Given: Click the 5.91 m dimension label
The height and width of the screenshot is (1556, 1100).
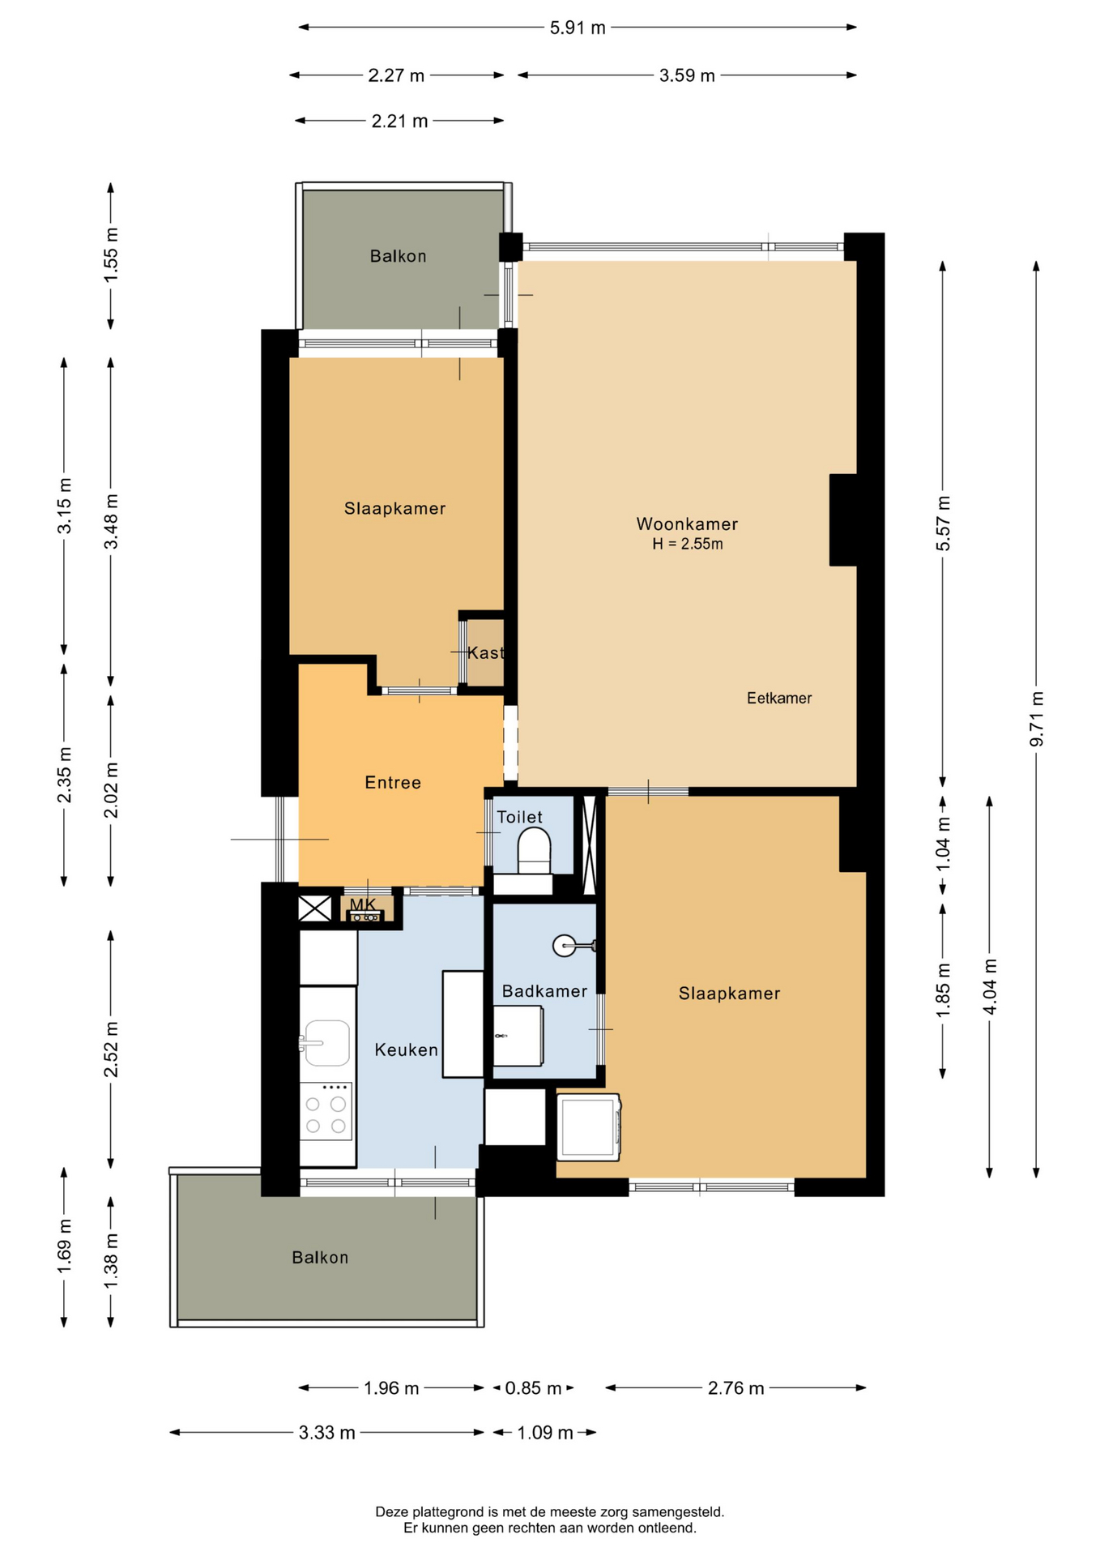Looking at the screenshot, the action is (x=578, y=28).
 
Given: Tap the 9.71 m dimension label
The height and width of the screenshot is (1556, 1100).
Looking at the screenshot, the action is (x=1037, y=720).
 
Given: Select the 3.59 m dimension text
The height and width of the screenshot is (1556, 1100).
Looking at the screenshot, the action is (x=687, y=75).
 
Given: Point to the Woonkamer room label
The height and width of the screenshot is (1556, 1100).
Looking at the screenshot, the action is (x=687, y=524).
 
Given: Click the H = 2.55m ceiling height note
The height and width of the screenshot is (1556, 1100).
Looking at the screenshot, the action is (x=688, y=544).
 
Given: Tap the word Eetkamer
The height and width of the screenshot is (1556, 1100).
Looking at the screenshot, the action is (x=779, y=698).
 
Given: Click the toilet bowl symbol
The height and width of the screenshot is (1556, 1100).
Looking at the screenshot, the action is (x=534, y=850).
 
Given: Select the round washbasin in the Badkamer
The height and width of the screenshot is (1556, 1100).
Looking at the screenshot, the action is (x=565, y=945).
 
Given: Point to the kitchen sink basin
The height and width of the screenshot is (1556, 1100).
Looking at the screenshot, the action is (x=327, y=1042).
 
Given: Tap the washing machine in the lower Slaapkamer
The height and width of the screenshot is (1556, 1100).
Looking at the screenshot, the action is (x=589, y=1126).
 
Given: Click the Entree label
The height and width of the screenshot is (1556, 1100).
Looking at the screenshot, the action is (x=393, y=782).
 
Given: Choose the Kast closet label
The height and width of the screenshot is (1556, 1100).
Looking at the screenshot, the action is (x=485, y=652).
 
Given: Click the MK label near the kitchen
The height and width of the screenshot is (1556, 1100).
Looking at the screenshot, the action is (x=363, y=904).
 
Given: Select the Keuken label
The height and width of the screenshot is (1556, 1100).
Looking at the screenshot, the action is (x=406, y=1049).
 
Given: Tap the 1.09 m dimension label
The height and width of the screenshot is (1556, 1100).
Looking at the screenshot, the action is (x=544, y=1433).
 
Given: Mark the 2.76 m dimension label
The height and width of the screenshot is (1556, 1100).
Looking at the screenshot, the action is (x=735, y=1388).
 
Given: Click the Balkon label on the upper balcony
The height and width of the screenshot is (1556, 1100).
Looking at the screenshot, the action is (x=398, y=256).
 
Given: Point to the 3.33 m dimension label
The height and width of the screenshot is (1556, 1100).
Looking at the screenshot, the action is (x=326, y=1433).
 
